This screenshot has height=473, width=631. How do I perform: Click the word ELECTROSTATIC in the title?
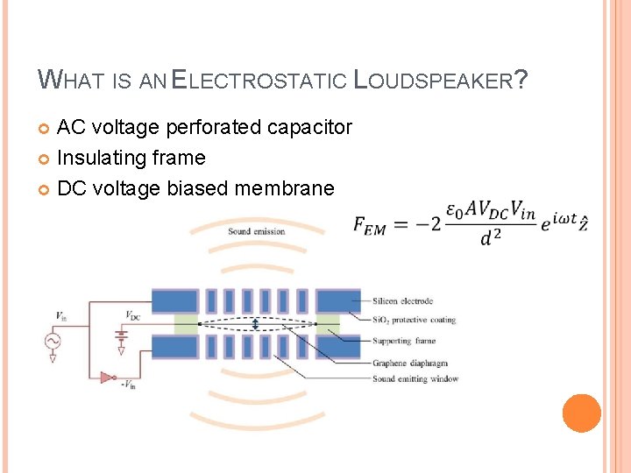(259, 81)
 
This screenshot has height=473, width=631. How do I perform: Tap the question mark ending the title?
(521, 81)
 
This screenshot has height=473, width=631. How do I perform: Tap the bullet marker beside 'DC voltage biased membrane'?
(45, 188)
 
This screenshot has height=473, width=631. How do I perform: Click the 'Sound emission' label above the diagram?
(256, 231)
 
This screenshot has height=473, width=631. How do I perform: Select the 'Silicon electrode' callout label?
(402, 300)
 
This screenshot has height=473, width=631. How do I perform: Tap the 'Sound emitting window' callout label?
(415, 379)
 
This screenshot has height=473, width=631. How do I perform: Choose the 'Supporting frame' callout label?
(403, 341)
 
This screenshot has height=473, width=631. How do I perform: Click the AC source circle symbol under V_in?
(53, 340)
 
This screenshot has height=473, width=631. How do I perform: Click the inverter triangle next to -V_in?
(106, 378)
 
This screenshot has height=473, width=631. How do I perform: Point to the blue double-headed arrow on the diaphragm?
(255, 325)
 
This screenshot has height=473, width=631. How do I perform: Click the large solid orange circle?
(581, 413)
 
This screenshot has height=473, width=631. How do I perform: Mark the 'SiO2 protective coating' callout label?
(414, 320)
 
